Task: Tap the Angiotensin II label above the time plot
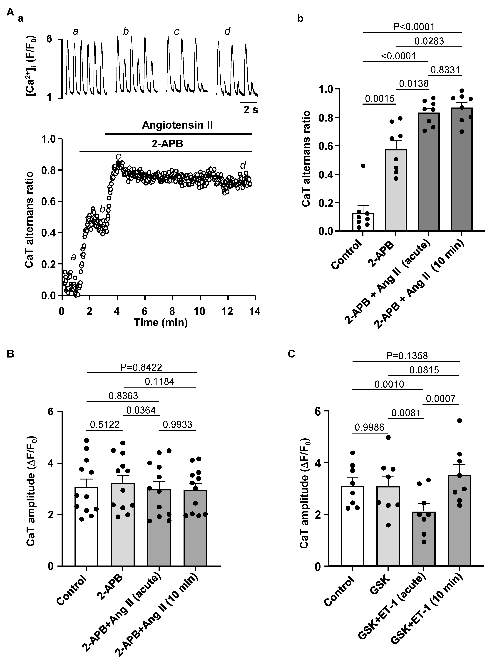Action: (177, 125)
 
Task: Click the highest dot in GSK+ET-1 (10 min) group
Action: (460, 421)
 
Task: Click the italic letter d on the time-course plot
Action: (243, 165)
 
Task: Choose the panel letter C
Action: (292, 354)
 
